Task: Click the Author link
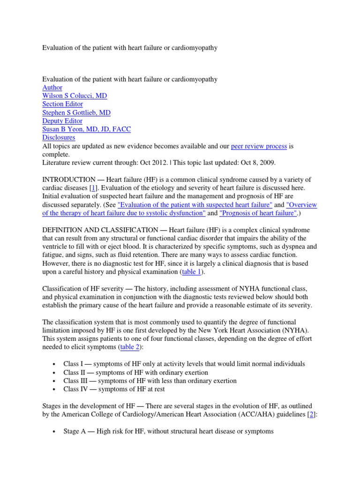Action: (x=52, y=88)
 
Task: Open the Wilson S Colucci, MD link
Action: (x=75, y=96)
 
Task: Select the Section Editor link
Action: (x=62, y=105)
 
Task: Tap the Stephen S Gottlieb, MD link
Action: (x=76, y=113)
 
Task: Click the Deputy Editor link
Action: (x=62, y=121)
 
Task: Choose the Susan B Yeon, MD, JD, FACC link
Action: (x=82, y=130)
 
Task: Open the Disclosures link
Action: (x=59, y=138)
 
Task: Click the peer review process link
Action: (x=259, y=147)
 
